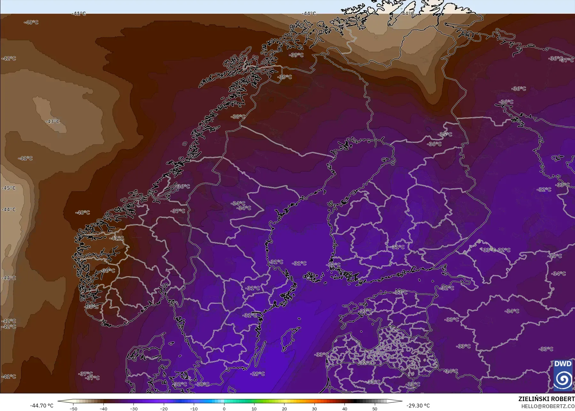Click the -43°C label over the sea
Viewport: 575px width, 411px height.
53,122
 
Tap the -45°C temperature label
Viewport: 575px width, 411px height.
9,188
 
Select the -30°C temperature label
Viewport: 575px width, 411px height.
202,384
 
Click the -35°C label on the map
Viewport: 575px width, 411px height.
445,134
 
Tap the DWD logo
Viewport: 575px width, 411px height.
563,376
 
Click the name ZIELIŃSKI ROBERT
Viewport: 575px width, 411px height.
546,399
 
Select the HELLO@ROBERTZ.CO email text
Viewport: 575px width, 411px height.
548,406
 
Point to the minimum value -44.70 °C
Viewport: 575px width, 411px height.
42,406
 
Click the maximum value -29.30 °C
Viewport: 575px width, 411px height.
418,406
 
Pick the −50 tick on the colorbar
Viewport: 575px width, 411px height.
73,409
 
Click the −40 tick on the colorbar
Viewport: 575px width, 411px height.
103,409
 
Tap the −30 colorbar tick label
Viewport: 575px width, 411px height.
133,409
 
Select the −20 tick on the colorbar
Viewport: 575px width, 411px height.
164,409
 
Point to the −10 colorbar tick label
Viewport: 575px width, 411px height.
194,409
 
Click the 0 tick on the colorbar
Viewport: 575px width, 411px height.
224,409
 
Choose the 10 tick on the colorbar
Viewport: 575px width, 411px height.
254,409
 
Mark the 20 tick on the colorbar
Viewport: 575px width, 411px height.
284,409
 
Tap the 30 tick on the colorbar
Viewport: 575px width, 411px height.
314,409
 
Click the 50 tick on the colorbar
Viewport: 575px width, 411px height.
375,409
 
